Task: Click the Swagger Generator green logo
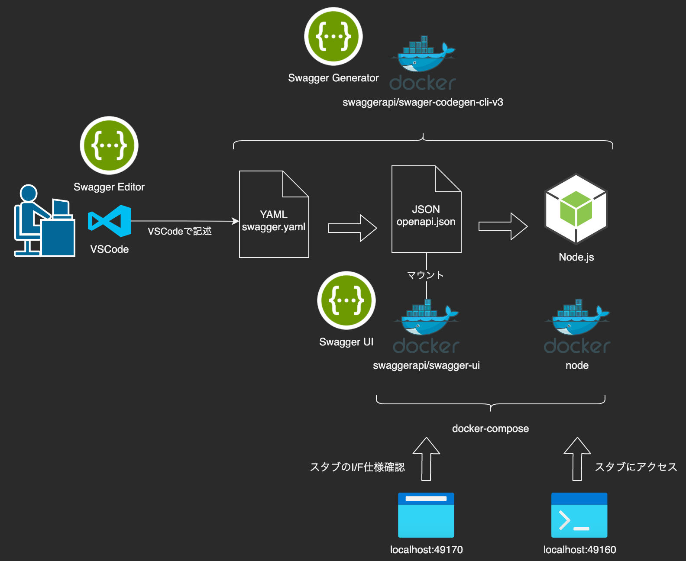click(333, 36)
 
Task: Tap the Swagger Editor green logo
click(109, 145)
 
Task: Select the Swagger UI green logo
click(346, 300)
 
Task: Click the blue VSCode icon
click(110, 221)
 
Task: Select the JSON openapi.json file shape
click(426, 210)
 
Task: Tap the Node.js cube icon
click(576, 209)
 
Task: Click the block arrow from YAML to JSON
click(352, 228)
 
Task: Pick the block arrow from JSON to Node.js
click(503, 226)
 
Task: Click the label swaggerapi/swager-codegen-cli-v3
click(423, 103)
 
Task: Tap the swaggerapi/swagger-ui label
click(426, 366)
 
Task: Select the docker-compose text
click(490, 429)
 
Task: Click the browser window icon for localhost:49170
click(426, 515)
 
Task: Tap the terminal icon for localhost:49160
click(579, 515)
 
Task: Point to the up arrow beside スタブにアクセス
click(577, 459)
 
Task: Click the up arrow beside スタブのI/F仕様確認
click(426, 459)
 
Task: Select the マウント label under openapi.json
click(425, 275)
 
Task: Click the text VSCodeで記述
click(179, 232)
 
